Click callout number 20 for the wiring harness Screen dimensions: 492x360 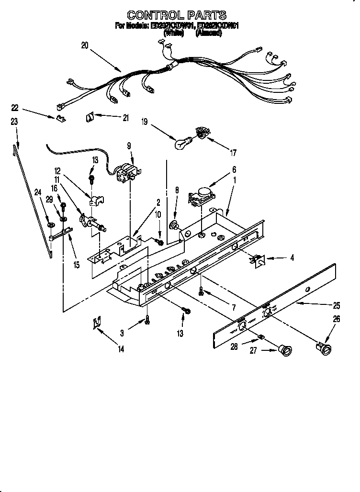tap(85, 46)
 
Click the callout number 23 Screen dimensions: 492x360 tap(14, 122)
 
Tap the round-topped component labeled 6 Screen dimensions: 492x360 tap(203, 194)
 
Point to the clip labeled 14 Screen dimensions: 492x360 tap(97, 324)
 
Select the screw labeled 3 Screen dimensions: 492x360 tap(148, 320)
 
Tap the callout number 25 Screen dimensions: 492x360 tap(337, 305)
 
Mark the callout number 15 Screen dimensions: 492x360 tap(76, 264)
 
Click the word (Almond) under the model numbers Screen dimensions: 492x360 tap(209, 34)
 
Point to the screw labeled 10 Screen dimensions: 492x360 tap(161, 243)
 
